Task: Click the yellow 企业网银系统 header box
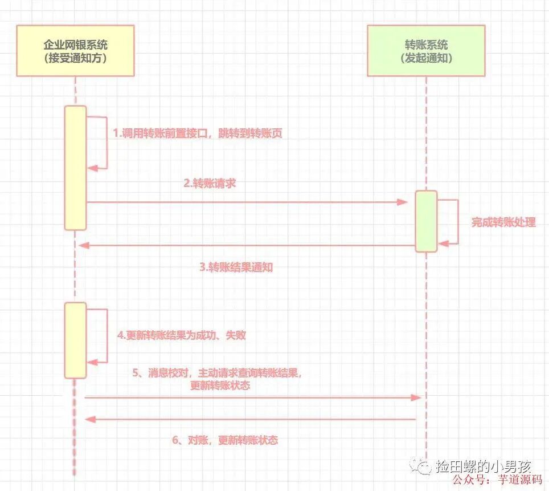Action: pos(76,51)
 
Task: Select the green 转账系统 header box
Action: pos(426,51)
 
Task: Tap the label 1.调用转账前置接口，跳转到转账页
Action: pos(198,133)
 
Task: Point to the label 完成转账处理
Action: pos(503,222)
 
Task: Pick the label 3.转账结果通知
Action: pos(236,267)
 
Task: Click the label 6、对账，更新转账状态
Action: pos(225,440)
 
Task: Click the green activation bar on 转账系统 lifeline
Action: pos(425,221)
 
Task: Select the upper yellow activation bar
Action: pos(75,168)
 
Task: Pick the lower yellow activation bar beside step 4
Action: pos(75,340)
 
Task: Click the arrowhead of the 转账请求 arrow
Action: pos(403,202)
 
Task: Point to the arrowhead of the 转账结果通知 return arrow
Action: pos(84,245)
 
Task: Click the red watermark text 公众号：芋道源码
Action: pos(500,480)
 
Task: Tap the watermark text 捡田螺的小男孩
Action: pos(485,466)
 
